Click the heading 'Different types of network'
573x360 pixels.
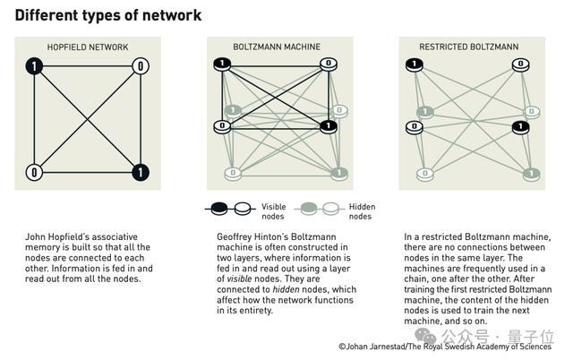(x=108, y=16)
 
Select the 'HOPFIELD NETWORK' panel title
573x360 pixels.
(x=88, y=47)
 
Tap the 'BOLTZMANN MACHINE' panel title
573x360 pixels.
(x=277, y=47)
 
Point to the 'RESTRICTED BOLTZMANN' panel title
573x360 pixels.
(x=469, y=47)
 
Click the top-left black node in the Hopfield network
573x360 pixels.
(x=34, y=66)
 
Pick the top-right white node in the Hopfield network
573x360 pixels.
(x=141, y=66)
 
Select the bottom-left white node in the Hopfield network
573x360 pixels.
(x=34, y=172)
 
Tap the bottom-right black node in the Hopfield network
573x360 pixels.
(x=141, y=172)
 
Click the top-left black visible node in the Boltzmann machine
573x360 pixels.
(x=222, y=64)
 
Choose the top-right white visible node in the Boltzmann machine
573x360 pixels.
(x=329, y=64)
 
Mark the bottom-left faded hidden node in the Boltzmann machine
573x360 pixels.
(x=233, y=174)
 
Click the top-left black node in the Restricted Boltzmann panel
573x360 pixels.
(x=415, y=65)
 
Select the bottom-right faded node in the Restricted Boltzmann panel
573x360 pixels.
(x=531, y=174)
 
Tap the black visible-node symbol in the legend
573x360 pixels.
(x=219, y=209)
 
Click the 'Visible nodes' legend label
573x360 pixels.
(x=273, y=211)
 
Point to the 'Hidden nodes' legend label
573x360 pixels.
(x=362, y=211)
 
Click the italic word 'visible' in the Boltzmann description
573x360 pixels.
(x=239, y=279)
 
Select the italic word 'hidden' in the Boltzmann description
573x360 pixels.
(x=286, y=289)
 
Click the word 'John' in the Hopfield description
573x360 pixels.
(x=34, y=236)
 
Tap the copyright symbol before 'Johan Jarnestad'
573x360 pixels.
(x=342, y=347)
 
